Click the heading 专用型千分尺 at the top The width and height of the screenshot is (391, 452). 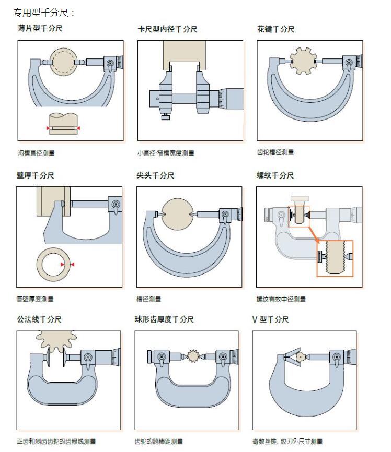44,11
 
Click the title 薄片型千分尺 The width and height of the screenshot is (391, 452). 40,28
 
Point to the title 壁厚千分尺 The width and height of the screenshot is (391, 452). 36,175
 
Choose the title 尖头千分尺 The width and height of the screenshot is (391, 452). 155,175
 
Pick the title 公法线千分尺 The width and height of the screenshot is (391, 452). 39,319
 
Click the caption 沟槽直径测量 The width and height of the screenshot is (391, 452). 36,153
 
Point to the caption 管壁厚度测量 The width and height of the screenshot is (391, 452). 35,299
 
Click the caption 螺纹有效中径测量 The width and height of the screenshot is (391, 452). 281,299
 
